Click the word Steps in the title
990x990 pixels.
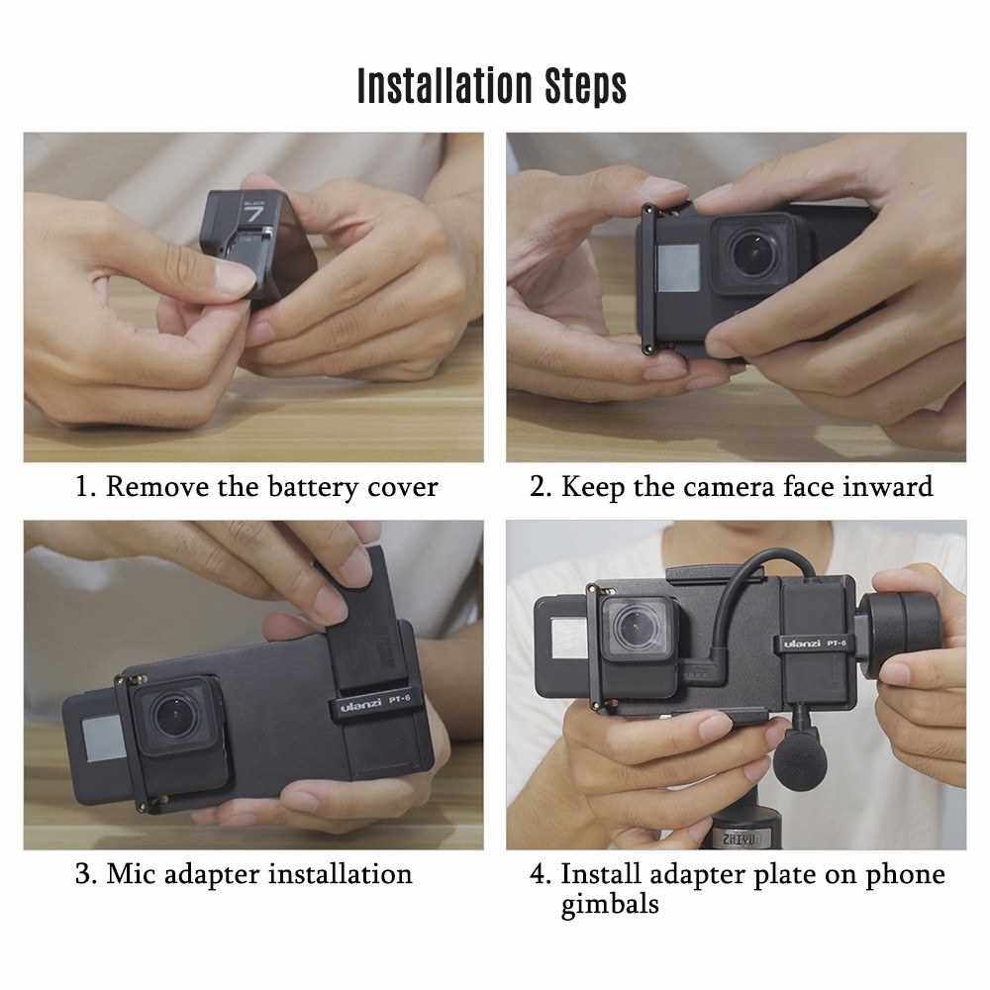(x=586, y=86)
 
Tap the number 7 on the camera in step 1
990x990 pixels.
(x=255, y=214)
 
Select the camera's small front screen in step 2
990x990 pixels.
(x=679, y=268)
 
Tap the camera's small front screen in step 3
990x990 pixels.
(x=105, y=739)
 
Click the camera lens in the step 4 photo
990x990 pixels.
(x=637, y=628)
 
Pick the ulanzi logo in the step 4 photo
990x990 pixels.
(x=802, y=644)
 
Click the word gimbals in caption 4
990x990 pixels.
(x=609, y=905)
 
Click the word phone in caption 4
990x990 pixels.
(x=905, y=876)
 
